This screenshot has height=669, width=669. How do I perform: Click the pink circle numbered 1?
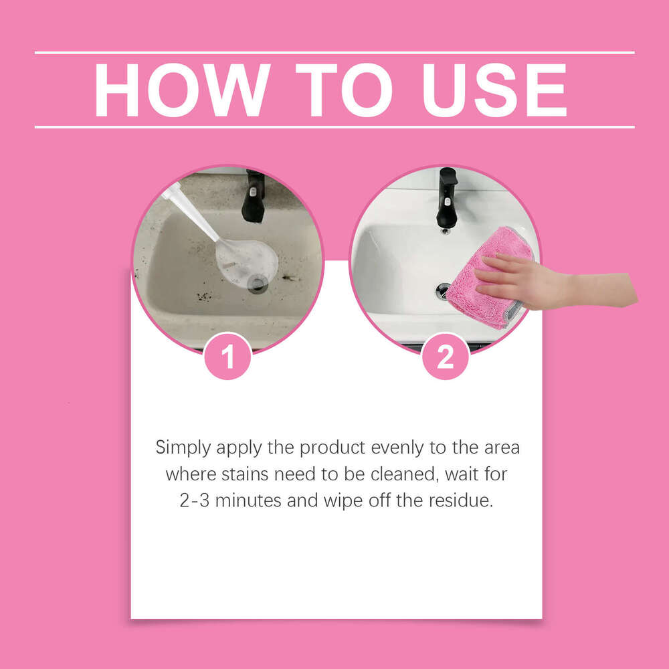227,357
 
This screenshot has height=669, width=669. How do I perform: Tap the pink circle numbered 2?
445,357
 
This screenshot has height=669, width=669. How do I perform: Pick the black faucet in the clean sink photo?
447,197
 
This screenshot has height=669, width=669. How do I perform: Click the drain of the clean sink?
443,289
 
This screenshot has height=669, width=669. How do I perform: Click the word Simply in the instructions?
182,448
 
